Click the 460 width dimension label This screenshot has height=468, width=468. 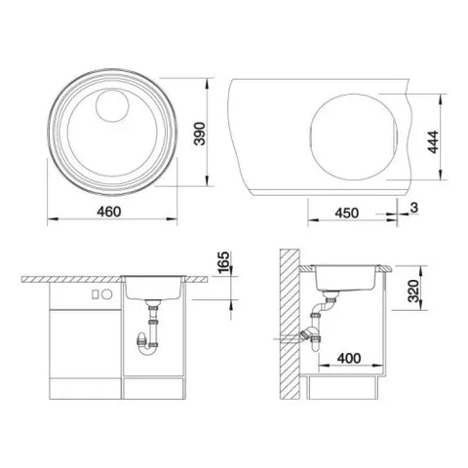coord(109,212)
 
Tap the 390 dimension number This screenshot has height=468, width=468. coord(199,134)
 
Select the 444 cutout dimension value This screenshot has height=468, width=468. coord(433,142)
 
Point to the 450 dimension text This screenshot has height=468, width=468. coord(347,213)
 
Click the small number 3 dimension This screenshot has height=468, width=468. coord(413,208)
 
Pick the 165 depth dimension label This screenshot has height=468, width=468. coord(223,262)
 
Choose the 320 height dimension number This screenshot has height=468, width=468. coord(413,291)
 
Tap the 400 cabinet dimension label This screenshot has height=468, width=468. coord(349,359)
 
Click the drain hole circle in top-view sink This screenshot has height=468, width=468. coord(112,105)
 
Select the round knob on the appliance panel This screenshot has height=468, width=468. coord(107,294)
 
